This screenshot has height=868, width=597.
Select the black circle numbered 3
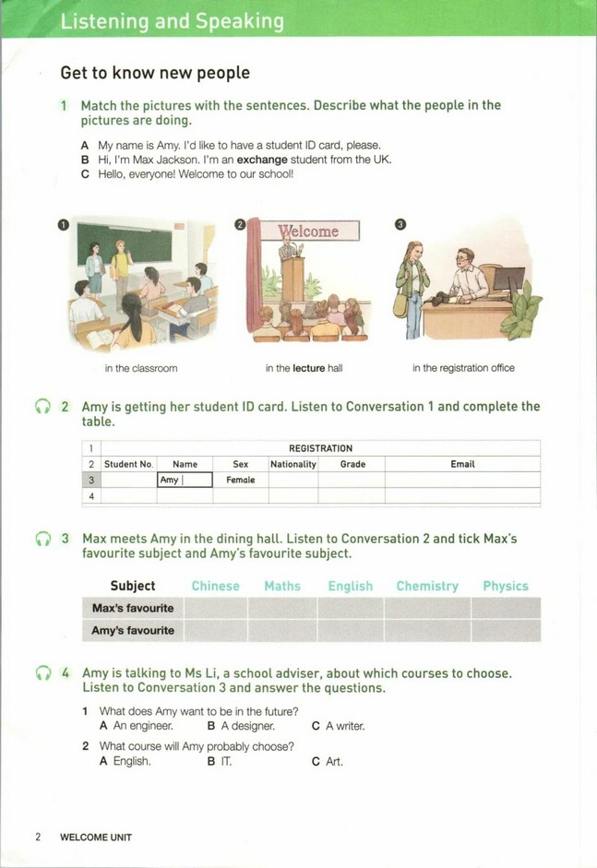(400, 224)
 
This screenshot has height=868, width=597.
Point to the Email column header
(462, 464)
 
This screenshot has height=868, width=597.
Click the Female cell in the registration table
(241, 480)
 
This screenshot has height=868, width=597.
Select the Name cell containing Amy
(185, 480)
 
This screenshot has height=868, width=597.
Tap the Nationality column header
(293, 464)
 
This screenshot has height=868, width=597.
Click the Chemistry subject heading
(427, 586)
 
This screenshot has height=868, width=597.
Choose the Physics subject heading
(506, 586)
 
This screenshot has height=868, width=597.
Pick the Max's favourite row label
(133, 608)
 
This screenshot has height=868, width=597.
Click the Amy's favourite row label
(133, 631)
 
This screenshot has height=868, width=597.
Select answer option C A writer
(339, 726)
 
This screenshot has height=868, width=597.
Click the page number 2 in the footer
(38, 838)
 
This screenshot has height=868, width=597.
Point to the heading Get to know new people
(155, 72)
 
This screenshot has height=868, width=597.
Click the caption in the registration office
(463, 368)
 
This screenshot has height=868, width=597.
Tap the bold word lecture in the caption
(308, 368)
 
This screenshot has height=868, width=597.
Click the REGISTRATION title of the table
(320, 448)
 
